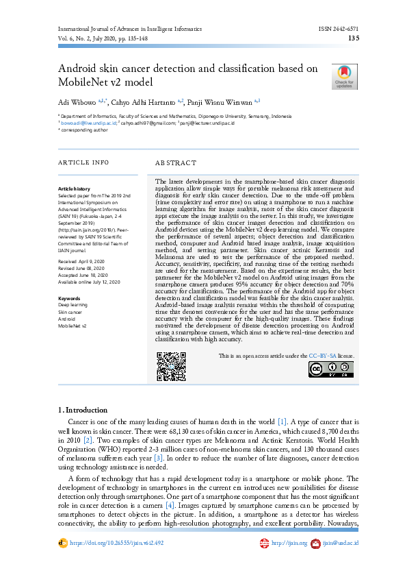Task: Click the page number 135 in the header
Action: coord(354,39)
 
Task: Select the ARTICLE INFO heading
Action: coord(83,162)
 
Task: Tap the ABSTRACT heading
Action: coord(176,163)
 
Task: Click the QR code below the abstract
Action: coord(171,366)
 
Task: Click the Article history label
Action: coord(74,188)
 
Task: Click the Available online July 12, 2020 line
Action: coord(89,282)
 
